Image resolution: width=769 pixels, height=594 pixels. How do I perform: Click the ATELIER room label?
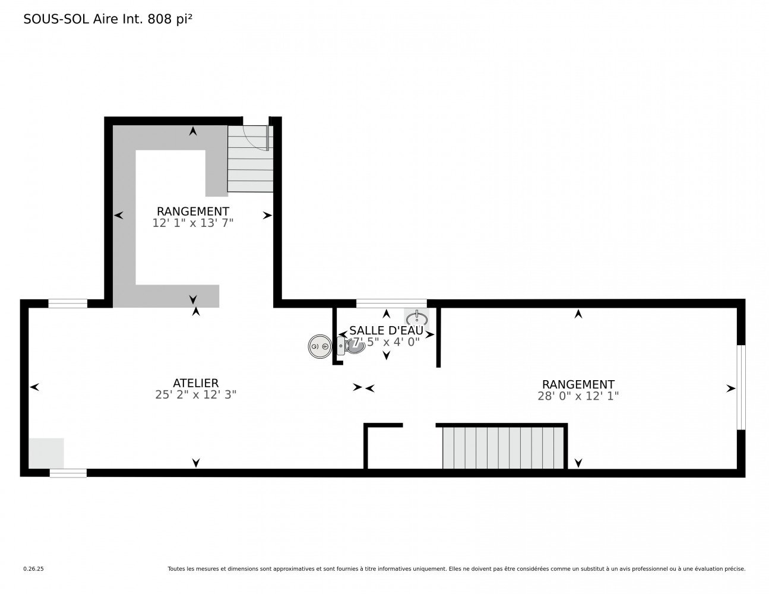195,383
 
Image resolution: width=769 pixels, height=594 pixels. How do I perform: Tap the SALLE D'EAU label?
386,330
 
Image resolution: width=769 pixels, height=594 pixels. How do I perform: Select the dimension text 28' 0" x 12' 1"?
578,396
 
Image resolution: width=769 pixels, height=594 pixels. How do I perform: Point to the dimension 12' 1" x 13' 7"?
192,223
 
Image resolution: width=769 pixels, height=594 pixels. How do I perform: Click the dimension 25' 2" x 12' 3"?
195,395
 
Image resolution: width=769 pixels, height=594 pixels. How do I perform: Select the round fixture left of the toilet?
320,346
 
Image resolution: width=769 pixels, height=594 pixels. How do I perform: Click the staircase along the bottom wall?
502,447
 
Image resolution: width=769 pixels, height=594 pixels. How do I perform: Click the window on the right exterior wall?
740,387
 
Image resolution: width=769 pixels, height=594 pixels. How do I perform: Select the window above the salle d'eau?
391,303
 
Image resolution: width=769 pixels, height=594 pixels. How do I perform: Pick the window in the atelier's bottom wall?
68,473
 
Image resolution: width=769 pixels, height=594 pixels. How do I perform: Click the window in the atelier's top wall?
68,304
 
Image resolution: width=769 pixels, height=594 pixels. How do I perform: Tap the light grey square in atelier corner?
46,453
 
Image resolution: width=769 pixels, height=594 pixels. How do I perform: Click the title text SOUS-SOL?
56,20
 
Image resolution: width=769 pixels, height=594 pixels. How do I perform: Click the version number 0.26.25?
33,569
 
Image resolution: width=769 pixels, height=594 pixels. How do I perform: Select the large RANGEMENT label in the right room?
578,384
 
